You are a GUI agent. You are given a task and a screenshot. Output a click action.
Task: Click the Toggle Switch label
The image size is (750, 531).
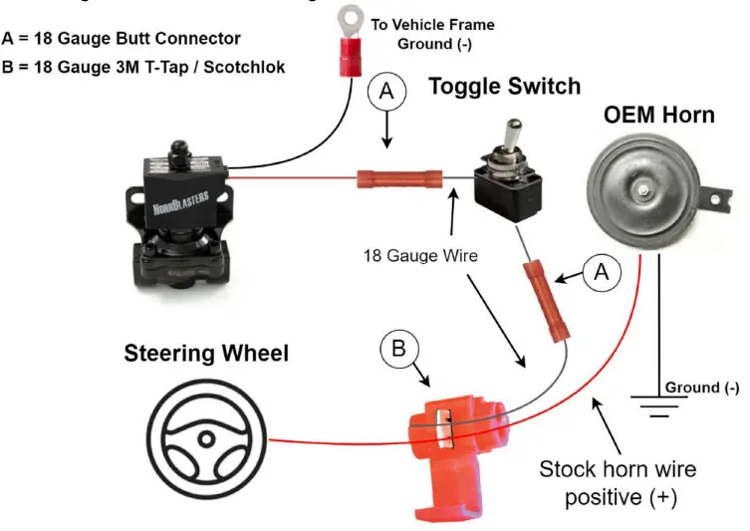pyautogui.click(x=504, y=87)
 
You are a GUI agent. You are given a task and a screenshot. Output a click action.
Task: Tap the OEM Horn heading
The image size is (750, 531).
pyautogui.click(x=658, y=115)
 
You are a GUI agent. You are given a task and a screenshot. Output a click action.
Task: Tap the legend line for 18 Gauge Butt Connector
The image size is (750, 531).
pyautogui.click(x=122, y=39)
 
